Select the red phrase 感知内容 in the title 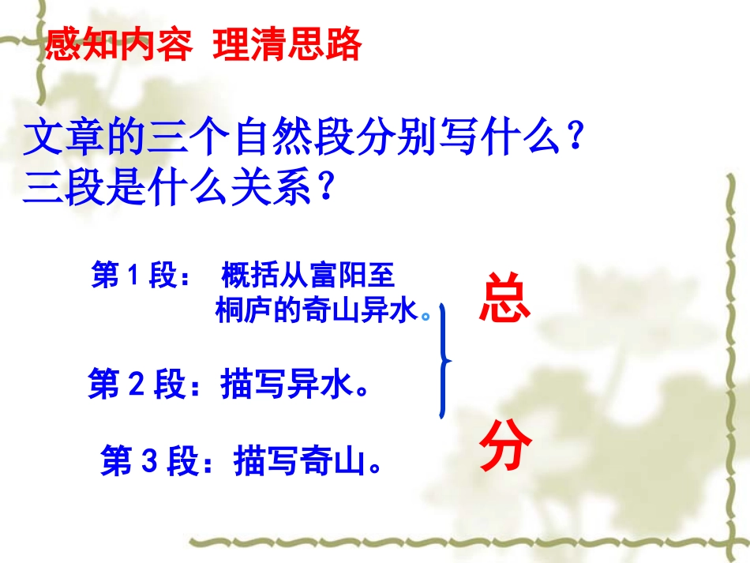118,44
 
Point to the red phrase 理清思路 287,44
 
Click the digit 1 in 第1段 133,276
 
